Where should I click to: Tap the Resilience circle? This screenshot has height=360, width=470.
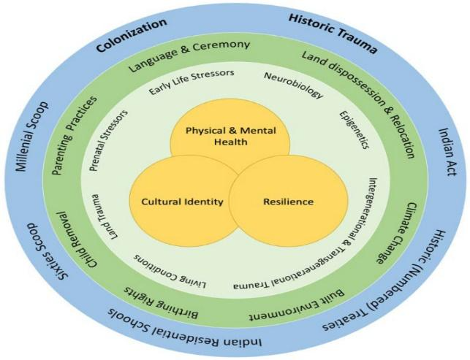[x=278, y=201]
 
